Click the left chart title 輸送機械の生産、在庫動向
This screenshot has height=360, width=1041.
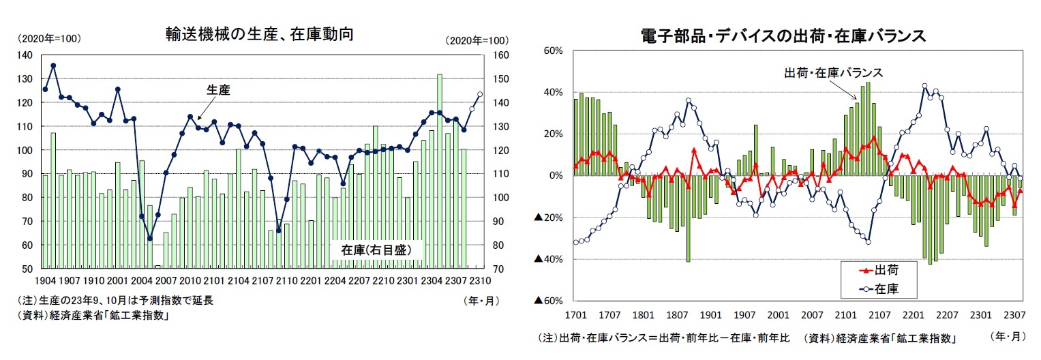pos(259,34)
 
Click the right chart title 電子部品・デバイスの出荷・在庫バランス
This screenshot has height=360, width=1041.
pos(783,35)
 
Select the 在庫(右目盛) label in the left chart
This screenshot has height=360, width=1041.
pos(376,250)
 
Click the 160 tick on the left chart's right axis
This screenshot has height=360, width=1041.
pos(500,55)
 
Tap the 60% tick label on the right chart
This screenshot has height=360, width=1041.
pos(553,50)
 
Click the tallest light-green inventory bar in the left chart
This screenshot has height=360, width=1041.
pos(440,170)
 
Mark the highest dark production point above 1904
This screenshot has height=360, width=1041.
pos(53,65)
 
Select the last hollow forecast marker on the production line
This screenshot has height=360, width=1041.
pos(479,95)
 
